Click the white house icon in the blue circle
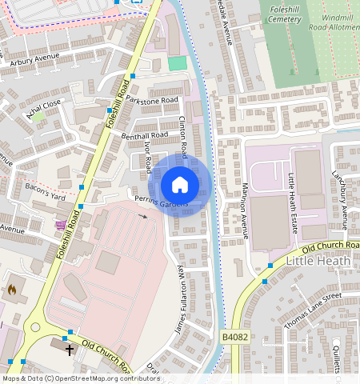(180, 185)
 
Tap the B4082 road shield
(232, 338)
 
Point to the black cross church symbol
(70, 349)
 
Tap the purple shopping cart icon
(60, 225)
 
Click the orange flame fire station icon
(11, 290)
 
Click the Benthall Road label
(144, 136)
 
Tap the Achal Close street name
(43, 110)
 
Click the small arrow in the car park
(143, 216)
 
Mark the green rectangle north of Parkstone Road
(177, 62)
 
